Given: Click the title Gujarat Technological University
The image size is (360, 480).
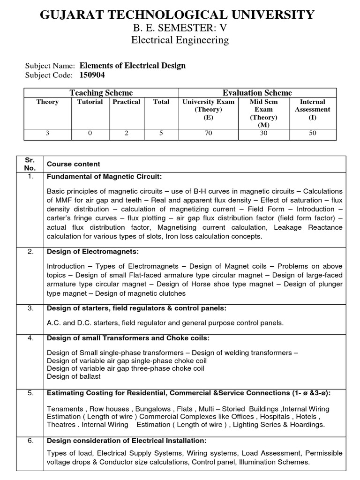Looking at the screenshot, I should tap(177, 15).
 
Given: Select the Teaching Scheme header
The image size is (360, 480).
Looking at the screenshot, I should tap(101, 93).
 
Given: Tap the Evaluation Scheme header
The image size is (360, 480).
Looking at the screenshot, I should tap(257, 93).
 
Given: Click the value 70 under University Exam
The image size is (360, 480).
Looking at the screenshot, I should tap(208, 133).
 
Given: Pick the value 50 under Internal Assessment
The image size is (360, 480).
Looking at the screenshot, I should tap(312, 133).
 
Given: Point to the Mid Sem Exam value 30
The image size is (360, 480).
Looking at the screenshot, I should tap(263, 133).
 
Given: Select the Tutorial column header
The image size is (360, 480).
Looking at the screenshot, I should tap(90, 102).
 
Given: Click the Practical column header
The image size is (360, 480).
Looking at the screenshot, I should tap(127, 102).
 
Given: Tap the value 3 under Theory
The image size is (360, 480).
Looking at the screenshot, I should tap(47, 133).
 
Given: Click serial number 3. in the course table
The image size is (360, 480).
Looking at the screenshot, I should tap(30, 308).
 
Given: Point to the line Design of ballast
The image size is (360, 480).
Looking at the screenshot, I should tap(74, 376).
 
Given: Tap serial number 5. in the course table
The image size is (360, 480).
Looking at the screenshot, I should tap(30, 393).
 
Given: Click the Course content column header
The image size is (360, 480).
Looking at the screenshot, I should tap(73, 164).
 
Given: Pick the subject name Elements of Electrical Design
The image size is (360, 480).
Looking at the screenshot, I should tap(133, 66).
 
